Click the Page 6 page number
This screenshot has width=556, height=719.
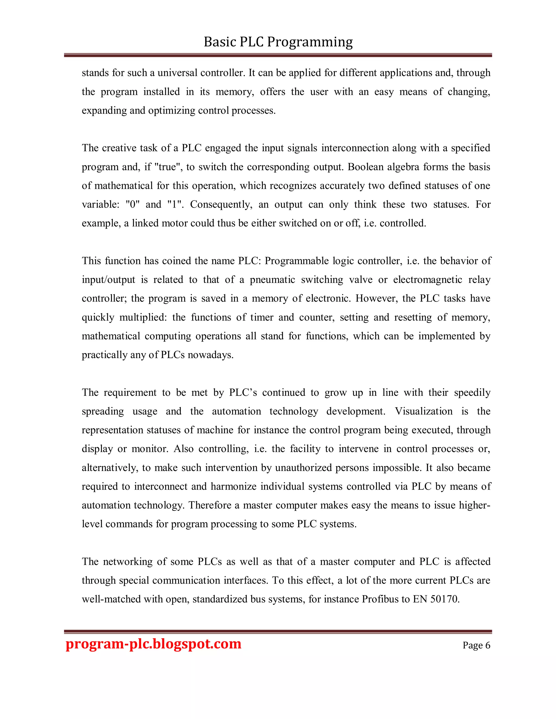tap(476, 645)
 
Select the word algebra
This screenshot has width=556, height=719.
tap(403, 167)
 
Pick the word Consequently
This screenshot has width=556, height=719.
tap(221, 205)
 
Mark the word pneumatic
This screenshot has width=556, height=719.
tap(272, 280)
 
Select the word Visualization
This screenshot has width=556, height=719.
tap(424, 412)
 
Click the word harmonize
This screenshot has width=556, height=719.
tap(233, 486)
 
